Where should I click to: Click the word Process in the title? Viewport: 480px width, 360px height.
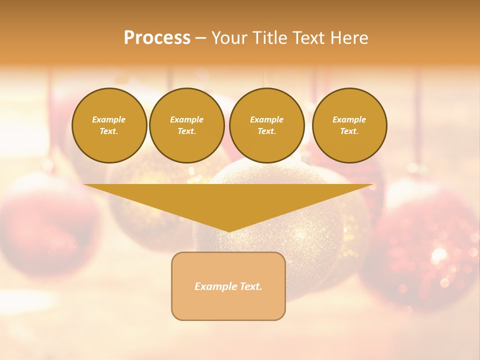coord(157,38)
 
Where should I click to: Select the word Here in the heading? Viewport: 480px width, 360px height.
coord(349,38)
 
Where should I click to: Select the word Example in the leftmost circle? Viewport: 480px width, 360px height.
coord(109,120)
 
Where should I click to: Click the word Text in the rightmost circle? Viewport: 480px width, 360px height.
coord(349,131)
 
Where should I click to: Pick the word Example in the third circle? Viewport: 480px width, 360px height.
coord(266,120)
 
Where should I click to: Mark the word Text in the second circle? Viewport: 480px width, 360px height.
coord(186,131)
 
